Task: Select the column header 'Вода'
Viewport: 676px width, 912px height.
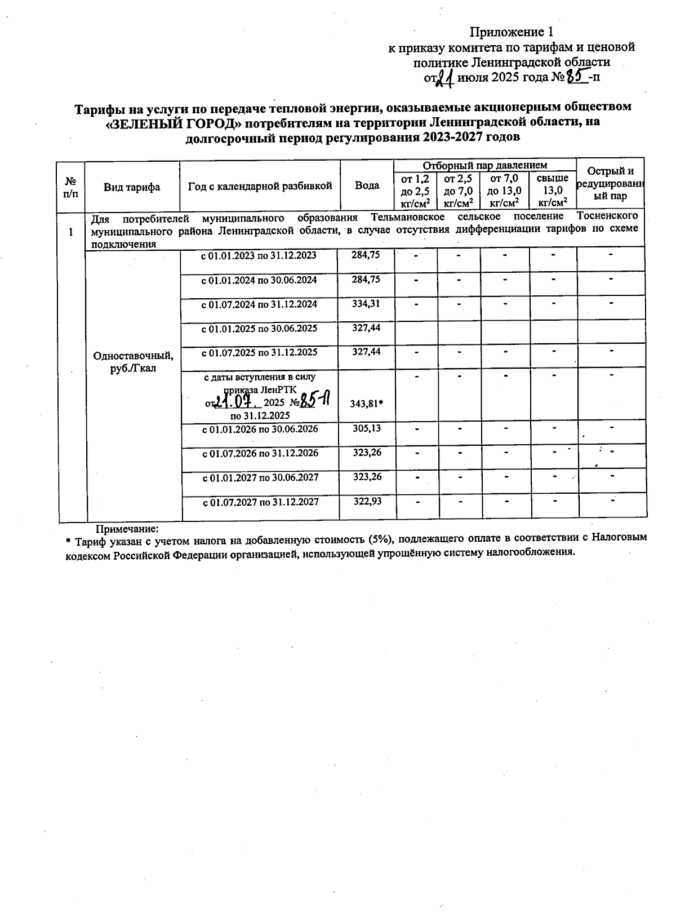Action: click(367, 186)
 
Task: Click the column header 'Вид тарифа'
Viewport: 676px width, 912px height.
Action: click(132, 187)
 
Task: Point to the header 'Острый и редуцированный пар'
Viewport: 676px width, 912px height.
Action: click(610, 184)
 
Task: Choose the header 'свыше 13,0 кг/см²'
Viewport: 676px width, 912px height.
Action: click(553, 191)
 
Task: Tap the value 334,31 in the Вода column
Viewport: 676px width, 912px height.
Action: click(366, 304)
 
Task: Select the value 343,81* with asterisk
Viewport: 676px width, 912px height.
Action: click(367, 404)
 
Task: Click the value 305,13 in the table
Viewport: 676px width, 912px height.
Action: click(367, 428)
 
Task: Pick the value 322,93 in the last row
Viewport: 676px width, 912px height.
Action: click(367, 502)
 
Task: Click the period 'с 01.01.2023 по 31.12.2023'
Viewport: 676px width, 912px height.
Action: click(259, 256)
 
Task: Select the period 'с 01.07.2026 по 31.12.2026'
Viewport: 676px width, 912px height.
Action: click(260, 453)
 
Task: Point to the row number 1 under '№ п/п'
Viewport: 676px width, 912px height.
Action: click(71, 232)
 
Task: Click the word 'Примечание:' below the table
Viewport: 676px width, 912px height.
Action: click(127, 529)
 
